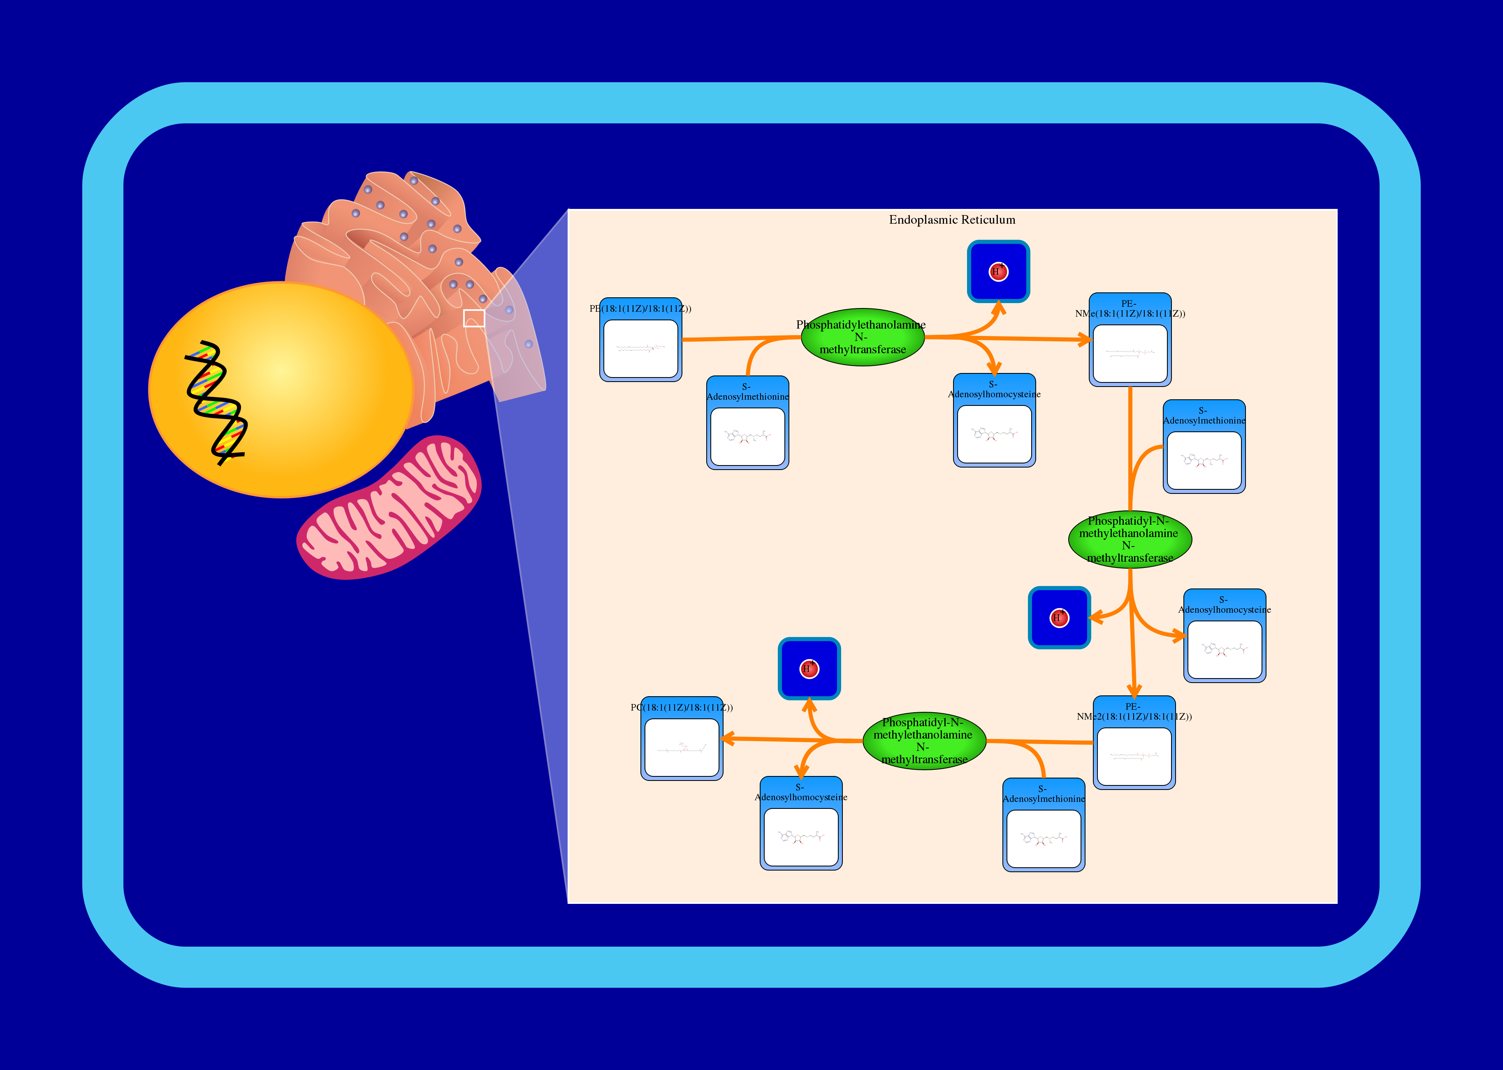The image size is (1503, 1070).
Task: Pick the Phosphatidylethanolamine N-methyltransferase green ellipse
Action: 863,337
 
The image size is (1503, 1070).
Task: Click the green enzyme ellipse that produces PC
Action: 924,741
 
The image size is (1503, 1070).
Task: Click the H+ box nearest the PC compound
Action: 809,669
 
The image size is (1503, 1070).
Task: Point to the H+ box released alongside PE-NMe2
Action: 1059,617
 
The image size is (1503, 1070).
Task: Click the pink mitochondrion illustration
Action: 389,508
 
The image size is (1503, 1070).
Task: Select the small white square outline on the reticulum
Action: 474,318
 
